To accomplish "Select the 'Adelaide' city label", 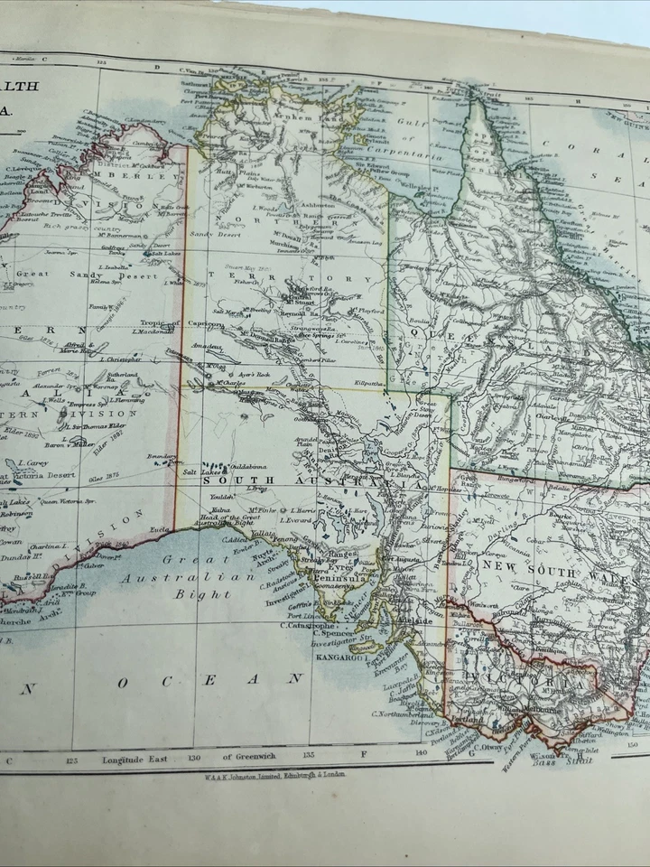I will pyautogui.click(x=416, y=621).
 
